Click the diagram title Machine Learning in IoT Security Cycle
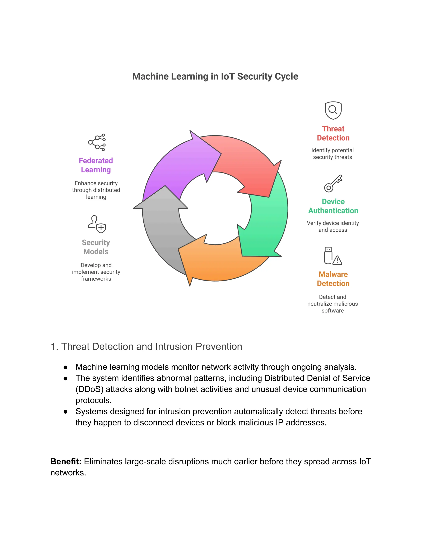pyautogui.click(x=215, y=76)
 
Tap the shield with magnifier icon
pyautogui.click(x=333, y=111)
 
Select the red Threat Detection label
pyautogui.click(x=333, y=133)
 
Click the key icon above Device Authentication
pyautogui.click(x=333, y=183)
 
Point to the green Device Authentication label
pyautogui.click(x=333, y=206)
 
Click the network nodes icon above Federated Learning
pyautogui.click(x=97, y=142)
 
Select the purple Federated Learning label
pyautogui.click(x=96, y=165)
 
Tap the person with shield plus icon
pyautogui.click(x=97, y=224)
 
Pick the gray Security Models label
pyautogui.click(x=96, y=247)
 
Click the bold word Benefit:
pyautogui.click(x=66, y=461)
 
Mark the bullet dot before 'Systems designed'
pyautogui.click(x=66, y=412)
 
